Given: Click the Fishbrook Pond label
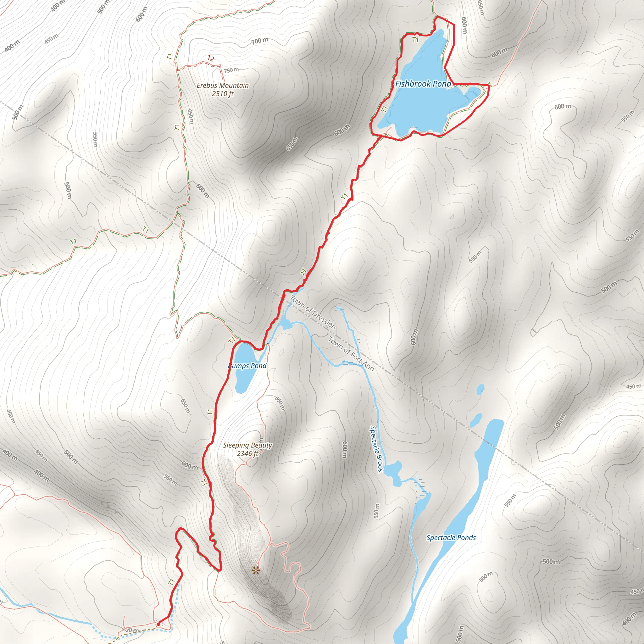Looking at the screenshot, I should tap(423, 84).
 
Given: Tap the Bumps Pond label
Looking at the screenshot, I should tap(247, 366).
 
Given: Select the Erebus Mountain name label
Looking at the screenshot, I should tap(223, 85).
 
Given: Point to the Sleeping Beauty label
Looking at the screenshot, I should tap(247, 445).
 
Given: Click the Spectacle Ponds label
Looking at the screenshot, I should tap(451, 537).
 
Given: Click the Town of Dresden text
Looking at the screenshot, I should tap(313, 312).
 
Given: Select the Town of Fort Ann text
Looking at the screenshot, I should tap(351, 354).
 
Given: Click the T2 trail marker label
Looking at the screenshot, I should tap(211, 59).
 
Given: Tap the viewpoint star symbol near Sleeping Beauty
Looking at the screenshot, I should tap(256, 571).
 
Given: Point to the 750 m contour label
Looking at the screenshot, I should tap(231, 70).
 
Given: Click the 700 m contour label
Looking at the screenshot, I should tap(260, 41).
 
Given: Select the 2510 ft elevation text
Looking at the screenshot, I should tap(223, 94).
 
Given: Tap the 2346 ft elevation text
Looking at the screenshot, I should tap(247, 453).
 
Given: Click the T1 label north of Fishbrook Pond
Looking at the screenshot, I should tap(415, 40).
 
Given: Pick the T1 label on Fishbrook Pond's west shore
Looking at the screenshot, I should tap(385, 109).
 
